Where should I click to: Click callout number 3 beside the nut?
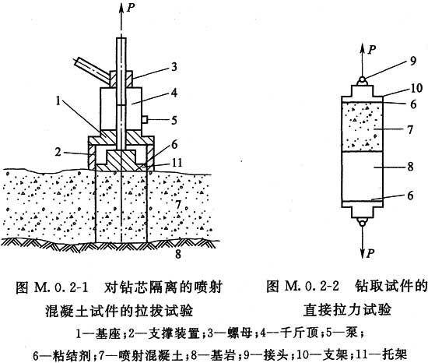174,67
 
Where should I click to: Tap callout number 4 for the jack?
174,93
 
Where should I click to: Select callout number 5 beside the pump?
174,120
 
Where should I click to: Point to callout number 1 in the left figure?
58,100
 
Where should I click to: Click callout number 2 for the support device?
58,151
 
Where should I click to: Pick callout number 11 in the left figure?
177,163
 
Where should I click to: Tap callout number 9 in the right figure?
412,61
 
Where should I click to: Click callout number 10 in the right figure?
416,88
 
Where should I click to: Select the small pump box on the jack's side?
145,119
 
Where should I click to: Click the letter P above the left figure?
131,8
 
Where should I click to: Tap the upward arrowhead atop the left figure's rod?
121,9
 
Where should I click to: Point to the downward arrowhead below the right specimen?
363,252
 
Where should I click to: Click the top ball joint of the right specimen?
362,79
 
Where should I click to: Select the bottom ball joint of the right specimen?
363,223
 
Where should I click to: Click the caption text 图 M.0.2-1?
52,287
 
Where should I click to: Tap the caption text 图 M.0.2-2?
303,287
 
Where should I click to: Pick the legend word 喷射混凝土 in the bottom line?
151,355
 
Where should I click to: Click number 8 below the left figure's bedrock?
178,254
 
